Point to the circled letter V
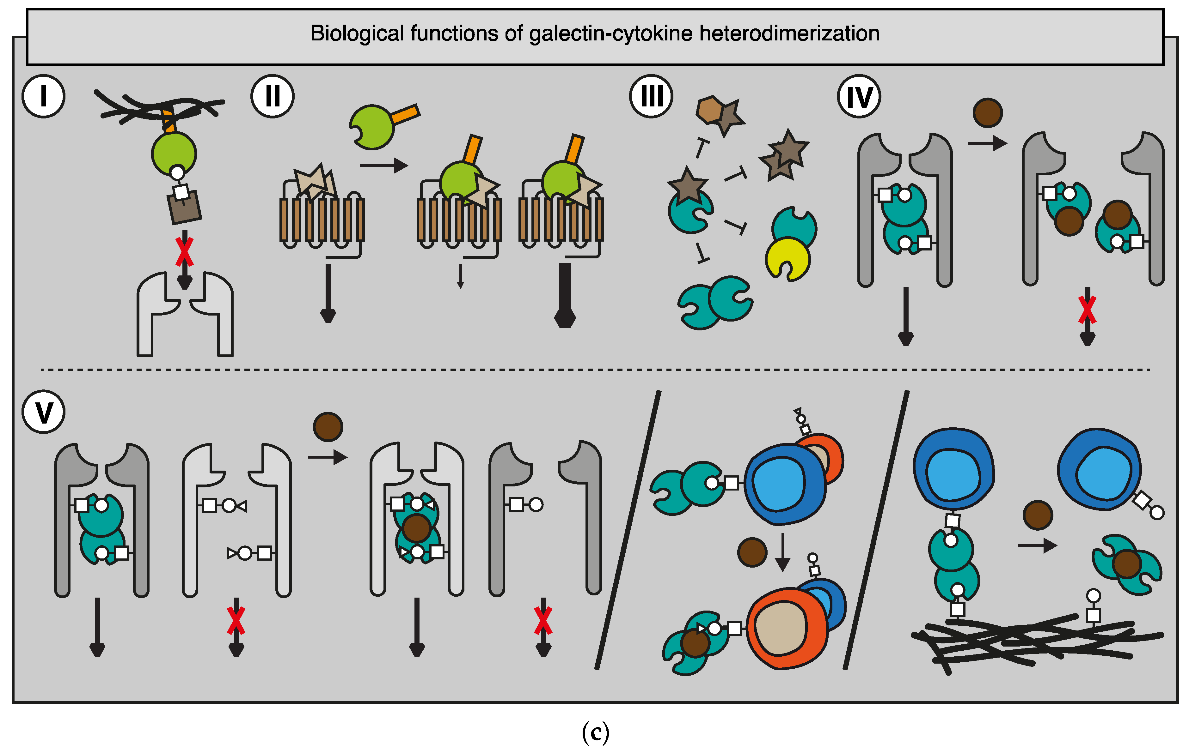(x=43, y=412)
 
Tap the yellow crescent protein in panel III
(x=787, y=259)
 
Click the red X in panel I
(x=184, y=252)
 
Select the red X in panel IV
(x=1087, y=310)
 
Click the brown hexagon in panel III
(x=710, y=110)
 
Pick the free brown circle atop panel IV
(x=988, y=112)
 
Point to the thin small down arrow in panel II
(x=460, y=276)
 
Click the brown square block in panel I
(x=185, y=207)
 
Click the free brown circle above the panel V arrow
(x=328, y=426)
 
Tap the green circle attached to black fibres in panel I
(x=174, y=153)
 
